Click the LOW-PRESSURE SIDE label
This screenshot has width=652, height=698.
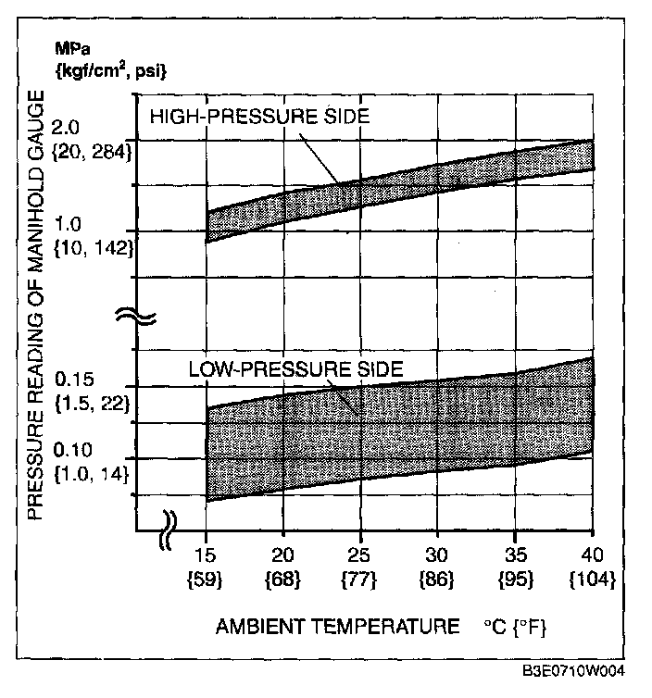[295, 369]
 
